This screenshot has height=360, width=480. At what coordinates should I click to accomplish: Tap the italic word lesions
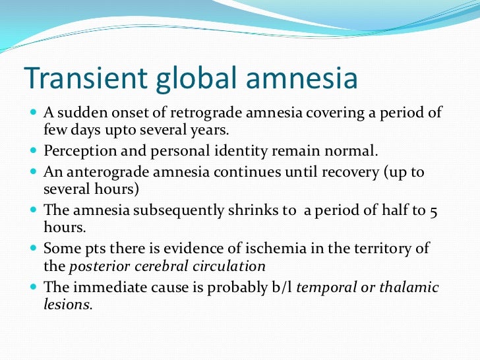tap(67, 305)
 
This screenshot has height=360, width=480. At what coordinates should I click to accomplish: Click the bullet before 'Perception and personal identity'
tap(34, 151)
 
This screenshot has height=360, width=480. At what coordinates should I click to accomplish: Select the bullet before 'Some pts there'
tap(34, 249)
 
